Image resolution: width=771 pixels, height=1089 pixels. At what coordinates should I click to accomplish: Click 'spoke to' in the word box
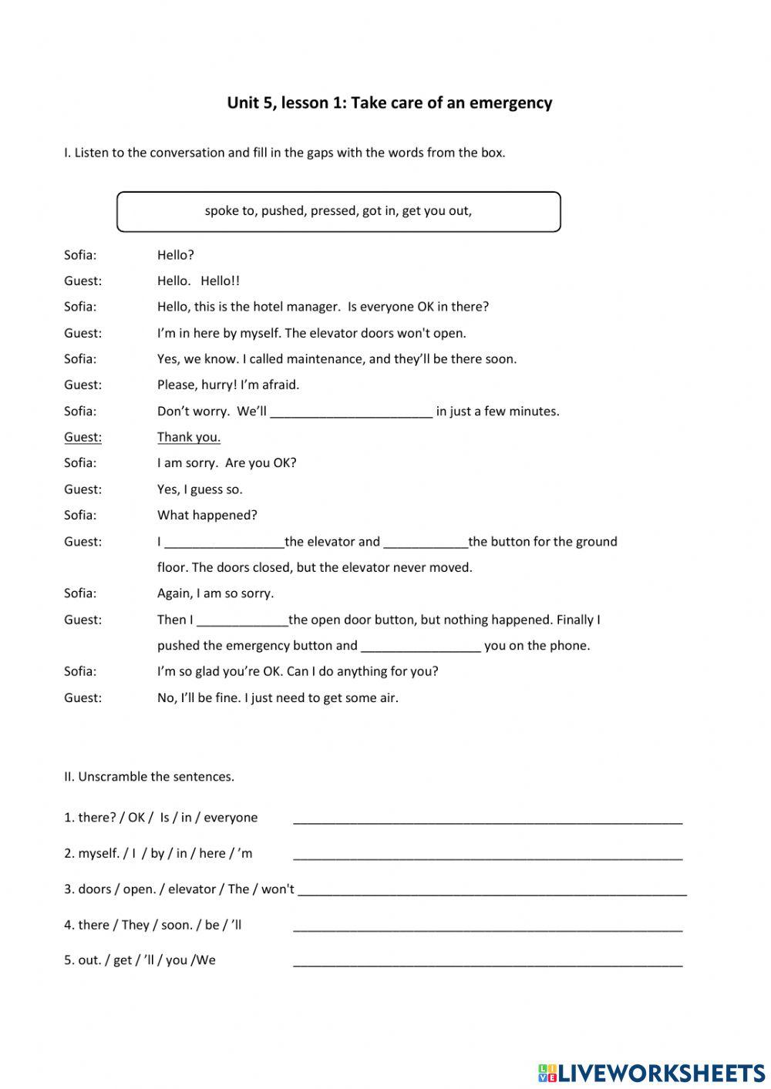pyautogui.click(x=230, y=211)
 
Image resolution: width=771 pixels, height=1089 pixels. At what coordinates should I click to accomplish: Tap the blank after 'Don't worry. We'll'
pyautogui.click(x=351, y=412)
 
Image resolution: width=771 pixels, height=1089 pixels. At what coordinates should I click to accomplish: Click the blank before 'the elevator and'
pyautogui.click(x=224, y=542)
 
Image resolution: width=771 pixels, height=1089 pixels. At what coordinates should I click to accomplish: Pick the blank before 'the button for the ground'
pyautogui.click(x=425, y=542)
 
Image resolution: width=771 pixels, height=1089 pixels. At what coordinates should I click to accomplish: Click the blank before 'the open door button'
pyautogui.click(x=242, y=620)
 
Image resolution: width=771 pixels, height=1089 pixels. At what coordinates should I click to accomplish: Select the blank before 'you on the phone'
pyautogui.click(x=421, y=646)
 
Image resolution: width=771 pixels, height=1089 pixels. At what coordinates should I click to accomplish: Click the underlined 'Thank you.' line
pyautogui.click(x=189, y=437)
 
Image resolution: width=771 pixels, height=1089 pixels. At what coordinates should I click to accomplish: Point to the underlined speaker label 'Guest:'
pyautogui.click(x=82, y=437)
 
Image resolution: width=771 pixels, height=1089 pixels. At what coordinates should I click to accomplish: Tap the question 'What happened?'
pyautogui.click(x=207, y=515)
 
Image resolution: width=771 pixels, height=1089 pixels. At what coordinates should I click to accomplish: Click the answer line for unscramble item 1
pyautogui.click(x=487, y=818)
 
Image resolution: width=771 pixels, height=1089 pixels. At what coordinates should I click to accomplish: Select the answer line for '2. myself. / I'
pyautogui.click(x=487, y=854)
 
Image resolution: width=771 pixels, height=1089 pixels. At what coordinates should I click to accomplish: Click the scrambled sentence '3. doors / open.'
pyautogui.click(x=179, y=889)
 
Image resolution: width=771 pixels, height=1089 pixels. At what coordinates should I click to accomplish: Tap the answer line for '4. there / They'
pyautogui.click(x=487, y=926)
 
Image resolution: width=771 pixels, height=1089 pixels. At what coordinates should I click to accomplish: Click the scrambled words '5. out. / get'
pyautogui.click(x=140, y=960)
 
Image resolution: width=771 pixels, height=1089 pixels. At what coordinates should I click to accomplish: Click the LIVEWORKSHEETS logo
pyautogui.click(x=651, y=1073)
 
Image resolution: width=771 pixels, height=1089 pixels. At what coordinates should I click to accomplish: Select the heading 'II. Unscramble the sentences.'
pyautogui.click(x=149, y=777)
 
